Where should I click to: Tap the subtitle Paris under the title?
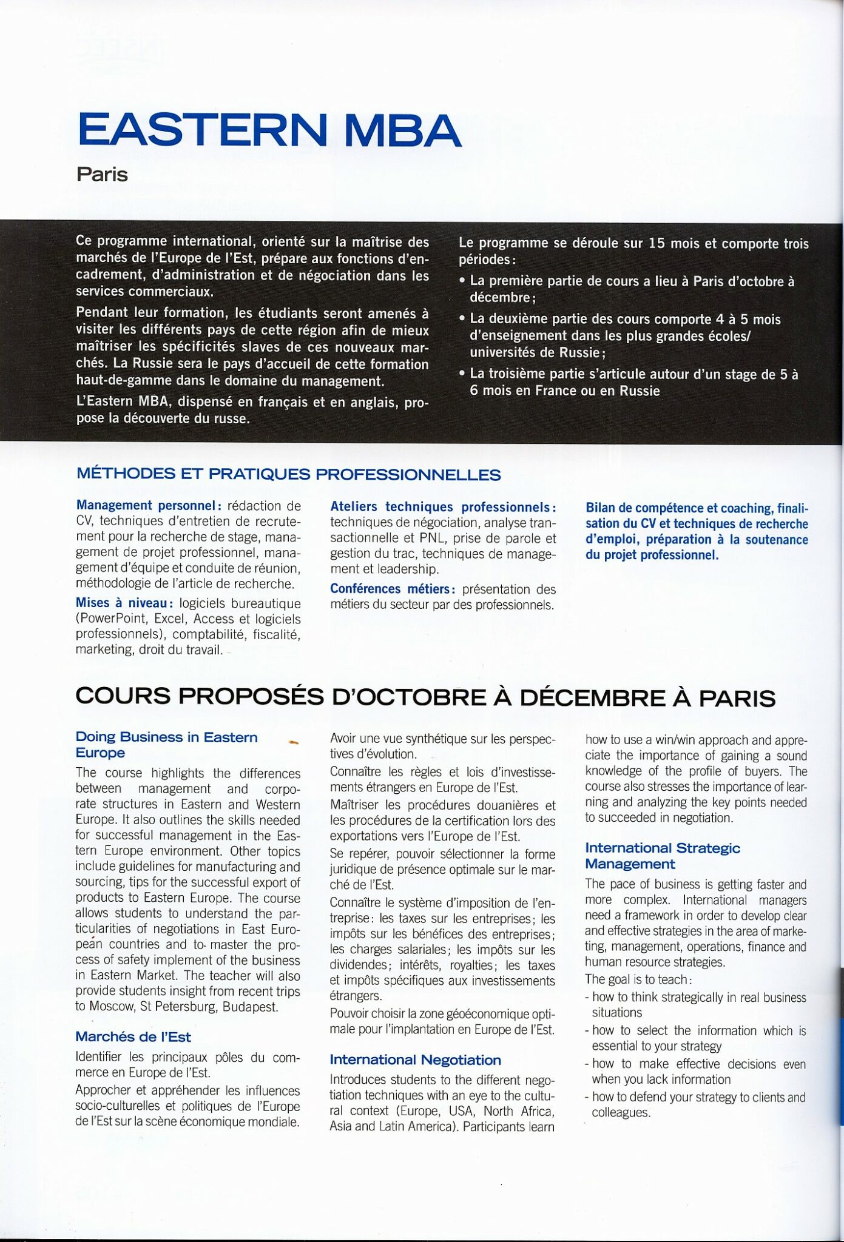(x=102, y=175)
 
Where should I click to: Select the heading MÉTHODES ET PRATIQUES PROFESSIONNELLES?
(x=288, y=474)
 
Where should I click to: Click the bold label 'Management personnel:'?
(x=148, y=505)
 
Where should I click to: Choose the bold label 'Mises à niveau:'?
(x=124, y=603)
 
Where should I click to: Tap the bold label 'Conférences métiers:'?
(x=393, y=589)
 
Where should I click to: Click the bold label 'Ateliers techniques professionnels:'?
(x=443, y=506)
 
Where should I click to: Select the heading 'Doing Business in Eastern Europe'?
(x=166, y=745)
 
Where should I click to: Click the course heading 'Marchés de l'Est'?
(x=133, y=1036)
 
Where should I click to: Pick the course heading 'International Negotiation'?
(x=415, y=1059)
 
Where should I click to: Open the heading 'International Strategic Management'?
(x=662, y=856)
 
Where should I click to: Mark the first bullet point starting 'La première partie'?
(x=631, y=289)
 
